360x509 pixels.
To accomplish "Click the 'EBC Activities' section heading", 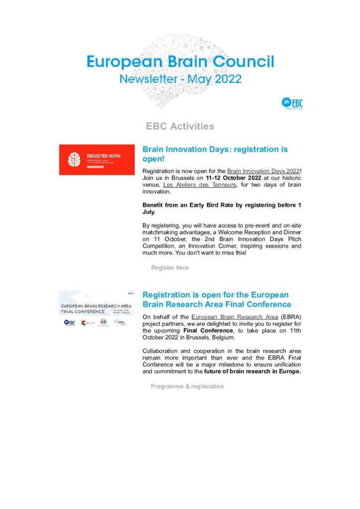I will [180, 126].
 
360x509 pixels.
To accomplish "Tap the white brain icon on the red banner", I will [74, 160].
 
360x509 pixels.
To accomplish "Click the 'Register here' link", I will [170, 267].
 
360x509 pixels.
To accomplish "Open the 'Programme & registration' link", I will [187, 386].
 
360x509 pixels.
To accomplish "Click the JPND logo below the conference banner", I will [119, 322].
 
